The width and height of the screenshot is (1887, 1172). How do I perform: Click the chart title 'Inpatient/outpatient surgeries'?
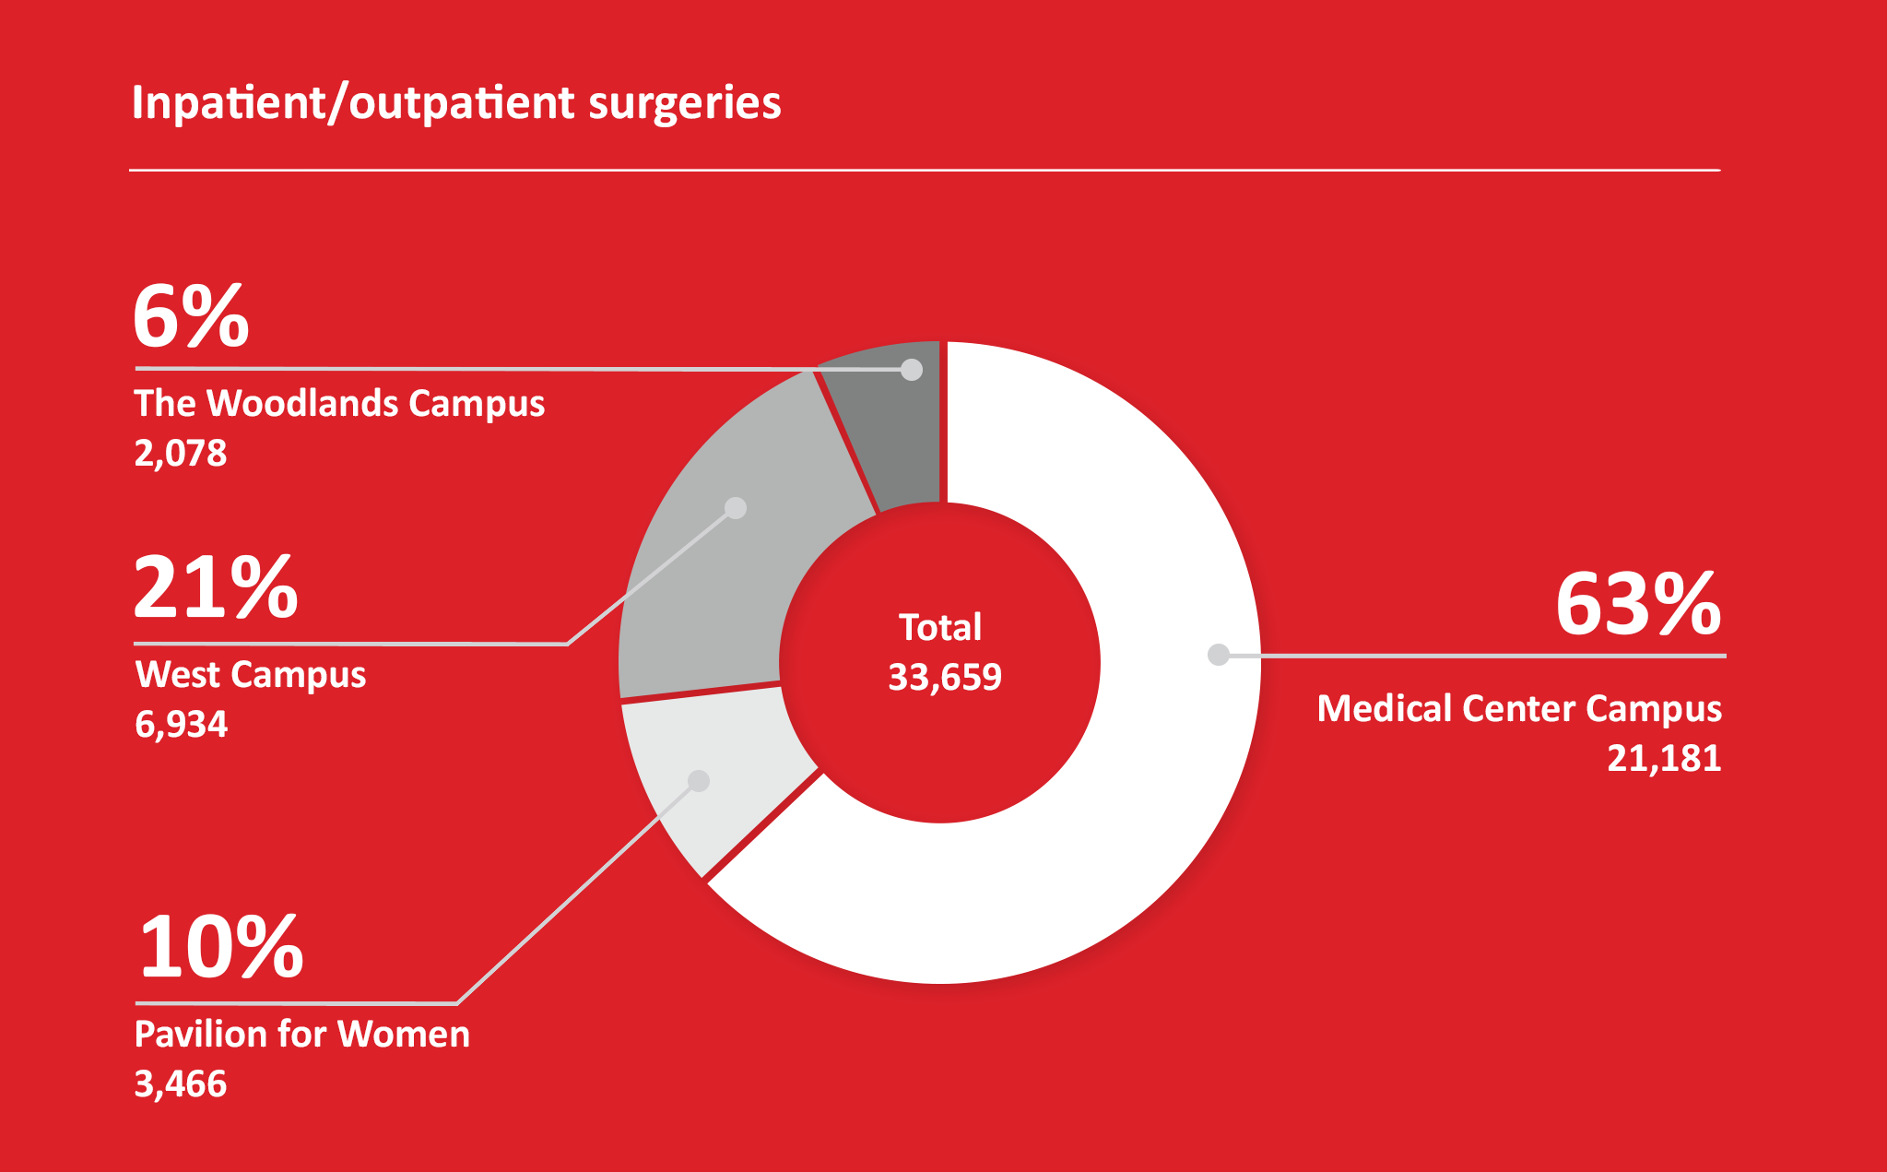[456, 102]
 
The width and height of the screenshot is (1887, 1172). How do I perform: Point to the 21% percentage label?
[216, 587]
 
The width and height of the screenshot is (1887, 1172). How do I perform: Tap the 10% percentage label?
[220, 947]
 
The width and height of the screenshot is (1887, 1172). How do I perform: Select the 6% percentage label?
[191, 316]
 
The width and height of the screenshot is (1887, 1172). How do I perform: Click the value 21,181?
[1664, 758]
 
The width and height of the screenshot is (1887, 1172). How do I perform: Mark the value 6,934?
[181, 724]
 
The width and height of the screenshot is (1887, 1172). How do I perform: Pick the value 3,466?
[181, 1083]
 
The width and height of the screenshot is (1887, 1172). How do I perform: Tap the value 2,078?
[181, 453]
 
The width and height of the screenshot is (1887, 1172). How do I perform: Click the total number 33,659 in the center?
[944, 677]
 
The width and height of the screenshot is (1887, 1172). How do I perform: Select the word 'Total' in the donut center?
[939, 627]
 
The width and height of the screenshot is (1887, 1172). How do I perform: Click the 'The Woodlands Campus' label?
[339, 404]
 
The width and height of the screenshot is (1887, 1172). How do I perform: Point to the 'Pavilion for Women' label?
[302, 1034]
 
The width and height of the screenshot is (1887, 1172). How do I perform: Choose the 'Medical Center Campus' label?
[1519, 708]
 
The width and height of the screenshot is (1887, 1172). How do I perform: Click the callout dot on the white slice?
[1219, 655]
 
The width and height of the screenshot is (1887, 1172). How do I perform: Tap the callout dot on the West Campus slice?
[736, 508]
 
